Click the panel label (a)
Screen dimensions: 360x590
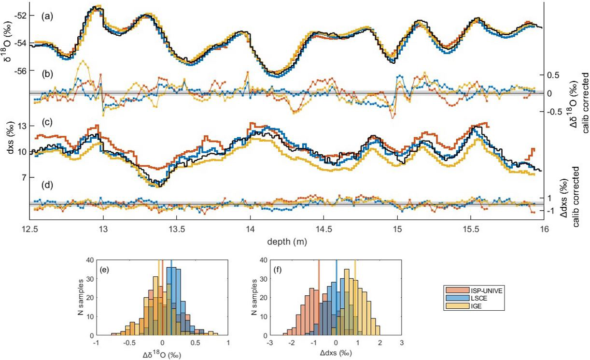point(46,16)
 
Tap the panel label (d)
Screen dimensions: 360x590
point(46,184)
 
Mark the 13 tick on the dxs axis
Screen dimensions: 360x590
point(21,126)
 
